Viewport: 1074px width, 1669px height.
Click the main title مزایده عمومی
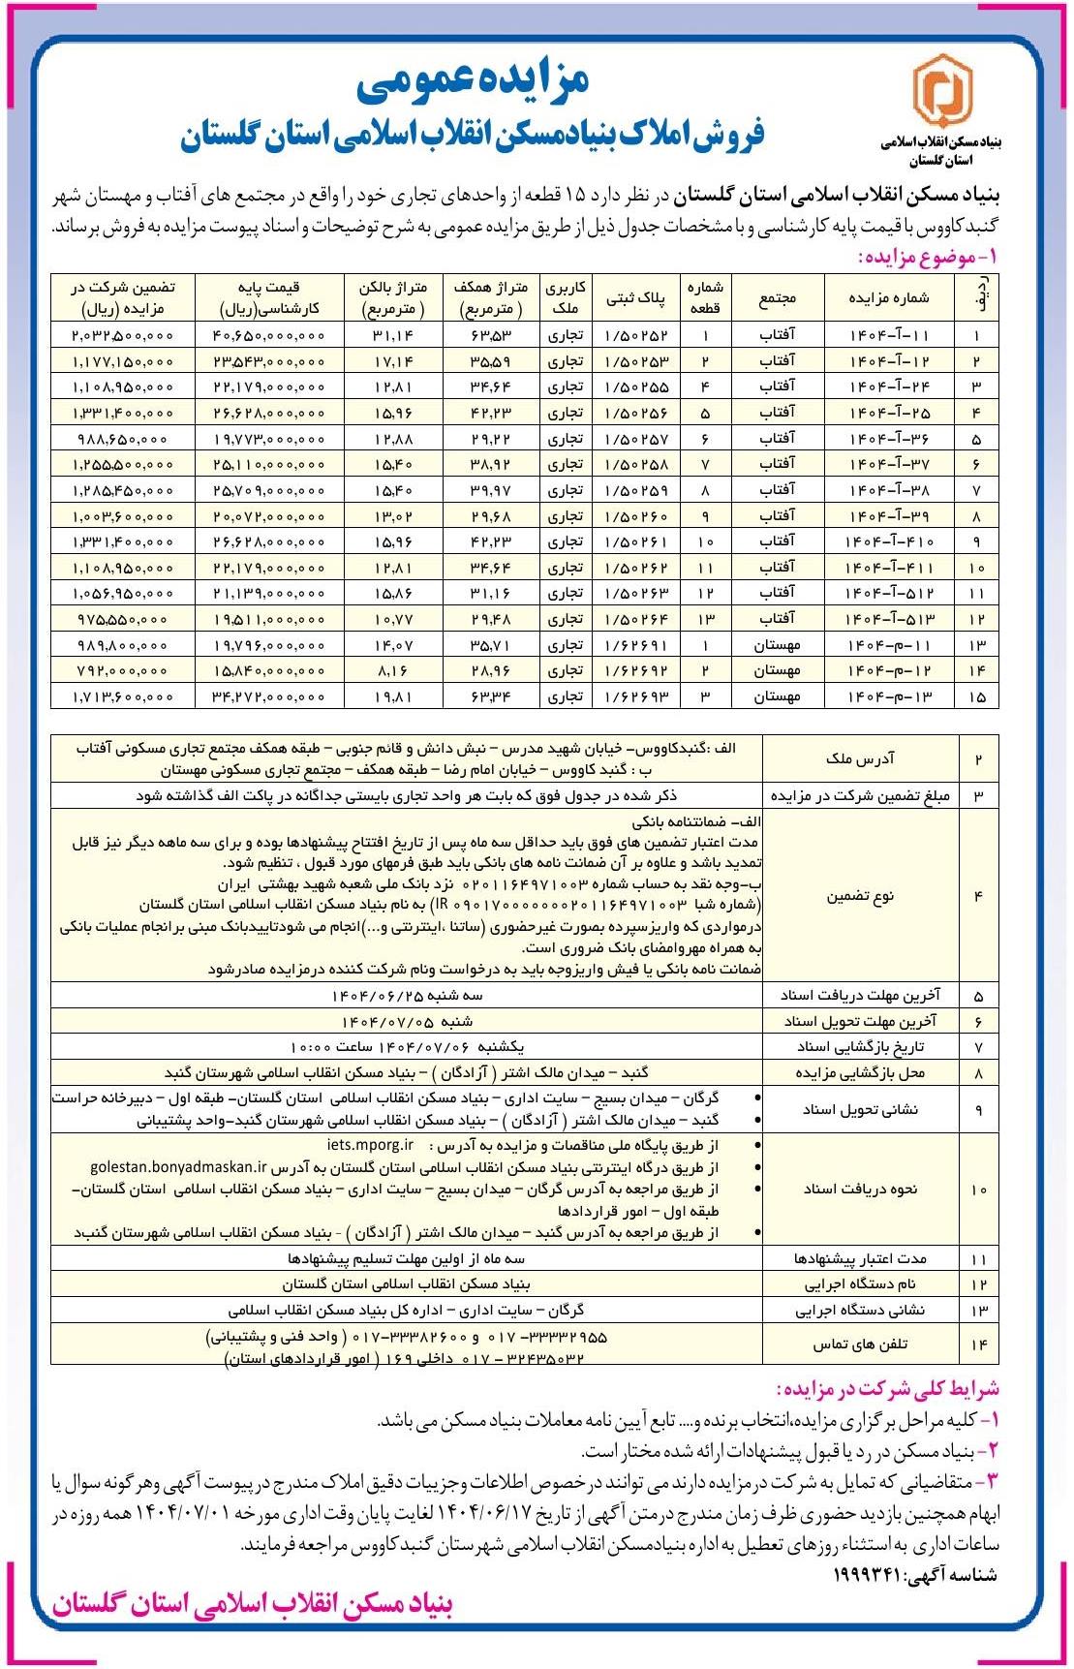pos(472,82)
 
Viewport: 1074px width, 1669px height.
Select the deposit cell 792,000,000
pos(122,670)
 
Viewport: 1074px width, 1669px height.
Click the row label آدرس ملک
pos(860,759)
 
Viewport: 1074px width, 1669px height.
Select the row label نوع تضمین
pos(860,896)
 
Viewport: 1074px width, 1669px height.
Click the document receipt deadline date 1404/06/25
pos(407,995)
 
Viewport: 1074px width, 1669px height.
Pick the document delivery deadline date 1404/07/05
pos(407,1021)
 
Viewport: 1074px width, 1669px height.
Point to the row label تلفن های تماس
pos(860,1344)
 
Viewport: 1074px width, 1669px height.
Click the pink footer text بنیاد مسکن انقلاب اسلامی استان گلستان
pos(253,1605)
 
